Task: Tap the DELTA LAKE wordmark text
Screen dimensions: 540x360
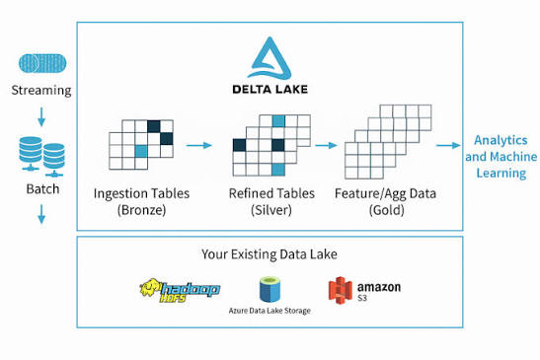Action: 270,90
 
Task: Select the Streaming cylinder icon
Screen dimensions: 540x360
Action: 42,63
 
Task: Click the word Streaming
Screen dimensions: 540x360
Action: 41,90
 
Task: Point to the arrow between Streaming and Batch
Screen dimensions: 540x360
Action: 41,116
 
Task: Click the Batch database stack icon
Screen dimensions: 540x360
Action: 41,157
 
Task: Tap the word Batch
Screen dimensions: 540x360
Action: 42,189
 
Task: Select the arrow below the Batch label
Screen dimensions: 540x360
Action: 41,214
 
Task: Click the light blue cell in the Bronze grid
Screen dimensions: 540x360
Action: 141,151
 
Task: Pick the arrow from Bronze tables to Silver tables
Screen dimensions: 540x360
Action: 199,145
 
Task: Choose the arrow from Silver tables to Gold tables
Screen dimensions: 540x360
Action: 326,145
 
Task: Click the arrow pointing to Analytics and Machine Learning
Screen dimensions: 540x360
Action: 448,145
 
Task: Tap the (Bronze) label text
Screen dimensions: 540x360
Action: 141,210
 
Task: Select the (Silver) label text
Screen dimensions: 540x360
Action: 271,210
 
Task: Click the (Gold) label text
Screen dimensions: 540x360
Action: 386,210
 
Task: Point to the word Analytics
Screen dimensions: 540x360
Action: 501,140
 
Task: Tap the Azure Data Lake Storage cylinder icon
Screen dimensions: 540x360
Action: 270,289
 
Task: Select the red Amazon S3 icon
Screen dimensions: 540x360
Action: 341,291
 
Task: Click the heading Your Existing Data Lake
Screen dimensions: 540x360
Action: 270,254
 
